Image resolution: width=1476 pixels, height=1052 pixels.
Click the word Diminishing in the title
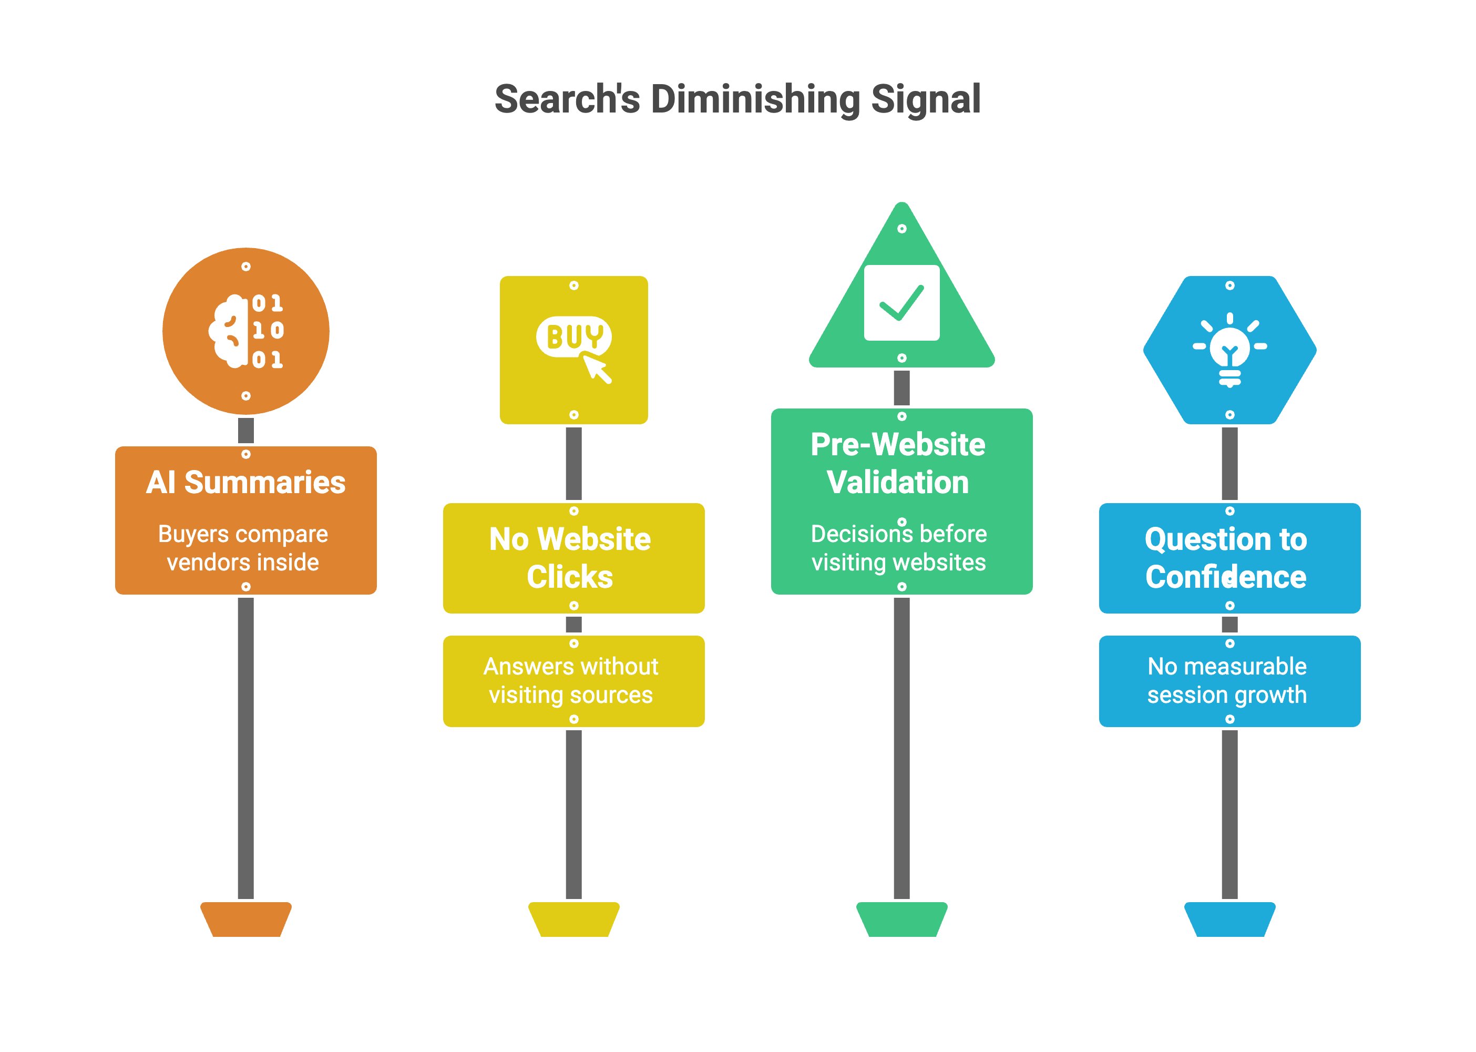pos(755,100)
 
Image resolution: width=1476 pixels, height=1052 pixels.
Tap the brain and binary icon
pos(246,331)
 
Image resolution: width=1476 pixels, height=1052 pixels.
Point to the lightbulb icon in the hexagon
pos(1229,350)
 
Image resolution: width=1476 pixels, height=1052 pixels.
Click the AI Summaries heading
pos(245,483)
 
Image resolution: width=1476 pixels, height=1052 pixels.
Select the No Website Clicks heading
pos(570,558)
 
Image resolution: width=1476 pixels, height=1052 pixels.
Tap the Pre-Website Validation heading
pos(898,463)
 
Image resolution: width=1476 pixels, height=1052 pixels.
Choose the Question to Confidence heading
pos(1226,558)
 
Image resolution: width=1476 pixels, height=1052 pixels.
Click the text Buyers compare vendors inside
pos(243,548)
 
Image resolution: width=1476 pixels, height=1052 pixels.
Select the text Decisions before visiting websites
pos(899,548)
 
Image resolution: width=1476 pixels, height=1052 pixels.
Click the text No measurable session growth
pos(1227,680)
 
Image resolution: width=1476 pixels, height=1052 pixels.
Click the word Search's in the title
pos(567,100)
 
